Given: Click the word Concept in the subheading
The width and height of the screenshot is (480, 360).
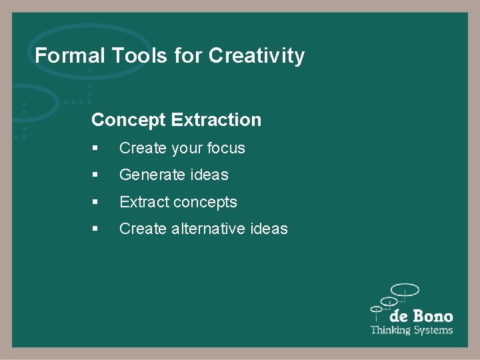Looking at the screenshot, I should [x=129, y=120].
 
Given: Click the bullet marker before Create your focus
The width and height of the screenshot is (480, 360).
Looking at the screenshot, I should [x=96, y=149].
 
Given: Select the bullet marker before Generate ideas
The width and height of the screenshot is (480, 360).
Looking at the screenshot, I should [x=96, y=175].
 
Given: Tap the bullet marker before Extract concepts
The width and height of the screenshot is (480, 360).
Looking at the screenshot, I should [x=96, y=202].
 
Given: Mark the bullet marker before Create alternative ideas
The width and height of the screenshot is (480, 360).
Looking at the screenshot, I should [x=96, y=229].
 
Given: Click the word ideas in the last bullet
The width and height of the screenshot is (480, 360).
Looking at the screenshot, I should [x=269, y=229].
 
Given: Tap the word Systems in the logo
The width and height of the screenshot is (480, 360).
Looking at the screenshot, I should [x=432, y=330].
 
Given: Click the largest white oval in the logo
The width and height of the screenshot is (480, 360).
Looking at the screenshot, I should [x=405, y=290].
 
